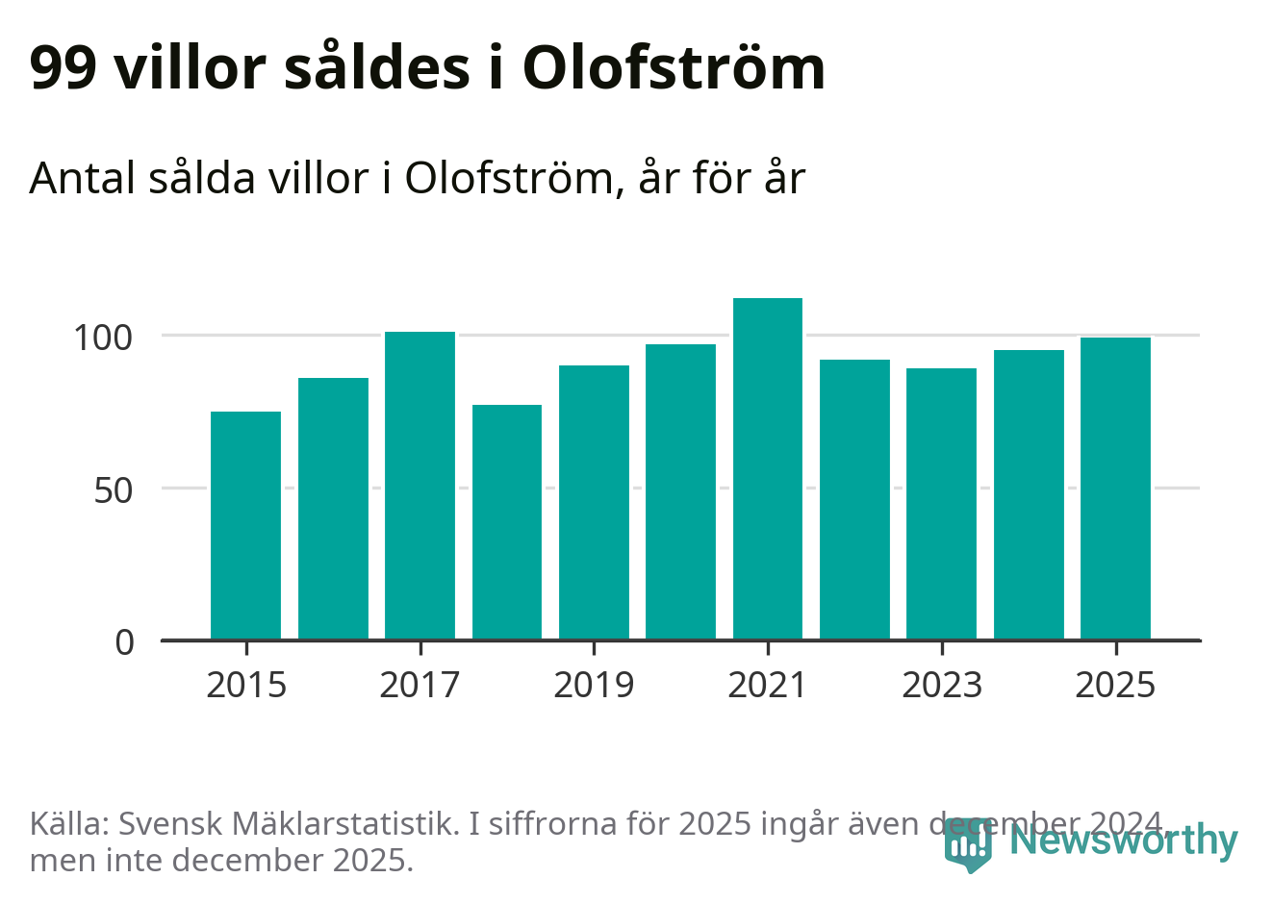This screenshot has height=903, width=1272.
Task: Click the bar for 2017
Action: tap(420, 486)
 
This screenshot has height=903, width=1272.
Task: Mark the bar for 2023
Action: tap(941, 504)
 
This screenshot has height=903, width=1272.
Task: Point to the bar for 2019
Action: tap(594, 502)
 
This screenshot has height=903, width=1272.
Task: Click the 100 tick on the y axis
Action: tap(103, 338)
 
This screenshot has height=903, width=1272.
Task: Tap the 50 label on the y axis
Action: tap(113, 490)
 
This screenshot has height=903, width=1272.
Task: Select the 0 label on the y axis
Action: tap(125, 642)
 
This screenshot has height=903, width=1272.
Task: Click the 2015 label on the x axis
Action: tap(246, 685)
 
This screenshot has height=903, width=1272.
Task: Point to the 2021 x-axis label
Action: tap(767, 685)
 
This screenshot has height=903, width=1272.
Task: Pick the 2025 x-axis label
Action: tap(1115, 685)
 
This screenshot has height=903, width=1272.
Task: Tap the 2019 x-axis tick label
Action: tap(594, 685)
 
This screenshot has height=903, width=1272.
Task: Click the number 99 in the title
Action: tap(63, 69)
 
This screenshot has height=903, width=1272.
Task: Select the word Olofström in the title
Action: tap(674, 69)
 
